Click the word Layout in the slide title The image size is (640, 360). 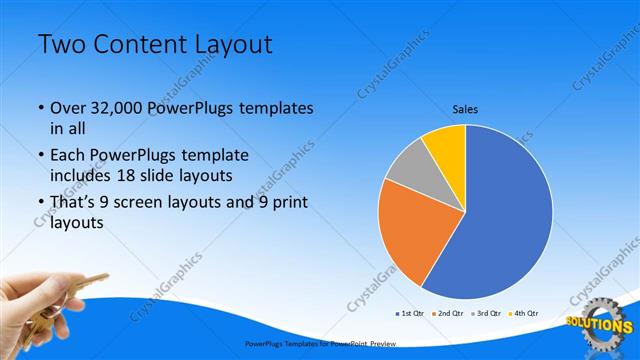229,45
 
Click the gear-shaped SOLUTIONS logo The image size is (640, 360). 600,323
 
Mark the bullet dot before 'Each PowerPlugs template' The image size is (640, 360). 41,156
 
